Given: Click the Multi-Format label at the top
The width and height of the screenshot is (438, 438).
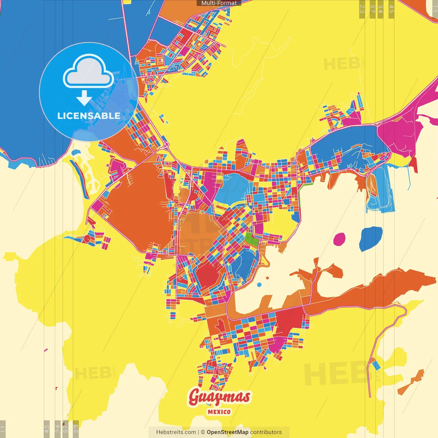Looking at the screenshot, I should (x=219, y=3).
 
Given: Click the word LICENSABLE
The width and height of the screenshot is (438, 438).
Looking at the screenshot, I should (x=89, y=116).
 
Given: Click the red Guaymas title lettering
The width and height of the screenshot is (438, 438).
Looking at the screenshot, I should (x=219, y=397).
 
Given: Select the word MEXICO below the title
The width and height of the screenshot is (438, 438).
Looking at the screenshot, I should (x=219, y=412).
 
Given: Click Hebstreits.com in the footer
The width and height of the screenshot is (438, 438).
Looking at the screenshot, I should (x=176, y=432).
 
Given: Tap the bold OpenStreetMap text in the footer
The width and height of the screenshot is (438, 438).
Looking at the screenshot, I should (x=227, y=432).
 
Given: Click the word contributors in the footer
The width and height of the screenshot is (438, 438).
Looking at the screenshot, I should (x=266, y=432).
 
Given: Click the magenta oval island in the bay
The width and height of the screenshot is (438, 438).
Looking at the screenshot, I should (x=339, y=239).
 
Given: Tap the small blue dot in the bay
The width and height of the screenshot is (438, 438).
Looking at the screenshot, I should (x=259, y=285).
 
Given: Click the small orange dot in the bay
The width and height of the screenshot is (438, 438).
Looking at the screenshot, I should (x=267, y=278).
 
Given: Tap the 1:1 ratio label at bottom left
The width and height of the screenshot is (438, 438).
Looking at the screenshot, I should (x=3, y=429).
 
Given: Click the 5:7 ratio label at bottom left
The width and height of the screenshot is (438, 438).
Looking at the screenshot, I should (x=66, y=429).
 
